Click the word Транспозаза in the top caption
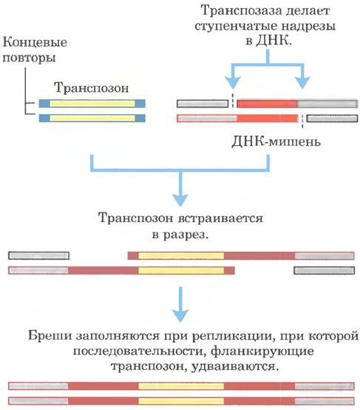pos(240,11)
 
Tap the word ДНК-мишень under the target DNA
pos(276,141)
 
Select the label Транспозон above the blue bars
pos(92,87)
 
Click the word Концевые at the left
pos(35,42)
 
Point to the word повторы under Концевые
pos(29,58)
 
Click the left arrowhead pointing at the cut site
pos(233,83)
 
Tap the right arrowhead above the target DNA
pos(302,83)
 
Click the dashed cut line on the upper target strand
pos(233,100)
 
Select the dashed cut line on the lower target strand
pos(302,121)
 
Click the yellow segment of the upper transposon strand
pos(92,104)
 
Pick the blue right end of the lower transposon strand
pos(140,118)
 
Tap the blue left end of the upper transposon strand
pos(44,104)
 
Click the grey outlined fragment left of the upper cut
pos(203,104)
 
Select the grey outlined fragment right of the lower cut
pos(332,118)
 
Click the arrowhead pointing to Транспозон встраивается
pos(180,200)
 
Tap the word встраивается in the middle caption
pos(220,218)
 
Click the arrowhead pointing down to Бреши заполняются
pos(180,315)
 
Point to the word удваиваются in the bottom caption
pos(234,366)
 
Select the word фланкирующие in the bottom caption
pos(262,352)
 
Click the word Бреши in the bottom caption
pos(50,335)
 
